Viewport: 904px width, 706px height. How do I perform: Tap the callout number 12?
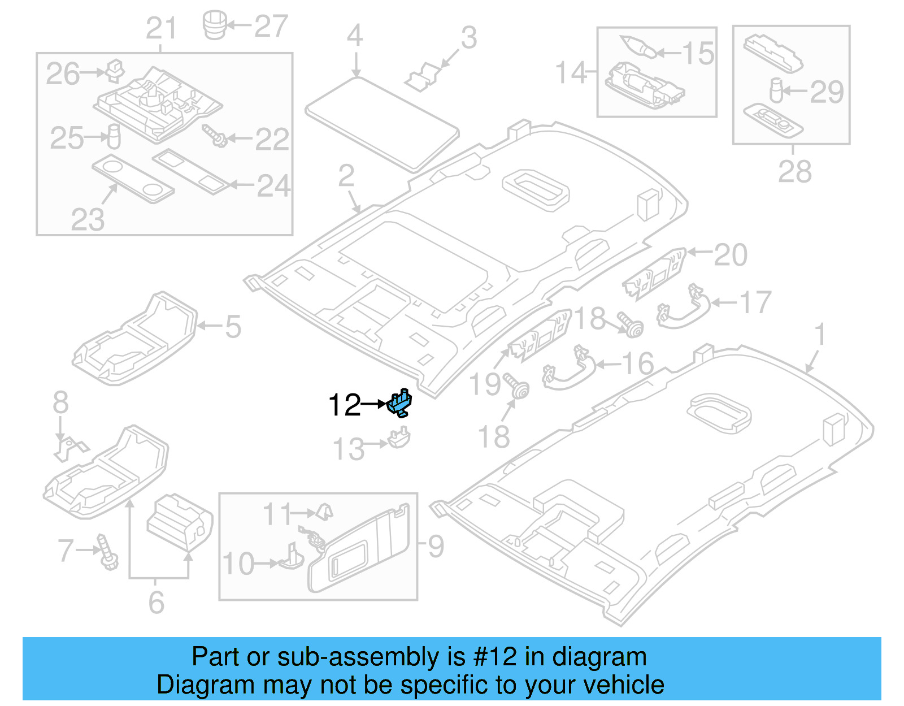point(344,405)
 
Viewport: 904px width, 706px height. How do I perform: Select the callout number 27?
point(271,26)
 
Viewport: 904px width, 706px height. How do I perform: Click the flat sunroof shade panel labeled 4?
point(382,122)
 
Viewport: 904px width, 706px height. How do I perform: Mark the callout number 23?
point(88,219)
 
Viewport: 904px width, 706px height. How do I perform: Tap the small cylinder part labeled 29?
point(776,90)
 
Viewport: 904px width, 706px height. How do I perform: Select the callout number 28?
point(794,171)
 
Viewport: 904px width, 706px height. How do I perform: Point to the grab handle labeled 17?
point(684,307)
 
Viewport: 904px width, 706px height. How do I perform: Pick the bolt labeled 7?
point(106,552)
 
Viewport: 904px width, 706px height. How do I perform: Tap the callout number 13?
point(349,449)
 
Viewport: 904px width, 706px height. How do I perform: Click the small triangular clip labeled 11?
point(324,511)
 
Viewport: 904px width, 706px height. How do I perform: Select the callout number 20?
point(730,255)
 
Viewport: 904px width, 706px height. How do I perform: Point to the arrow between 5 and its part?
point(210,326)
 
